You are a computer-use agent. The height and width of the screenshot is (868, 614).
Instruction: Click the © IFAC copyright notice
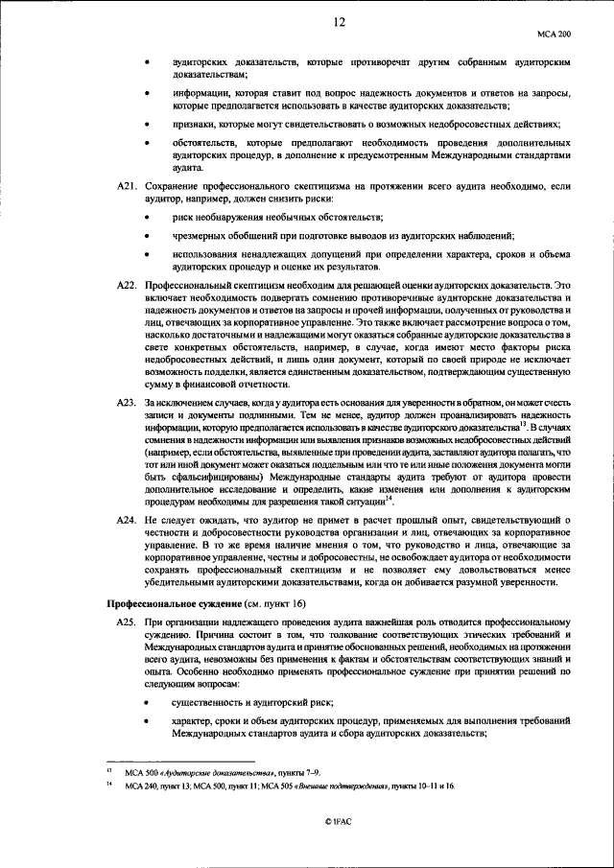340,821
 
